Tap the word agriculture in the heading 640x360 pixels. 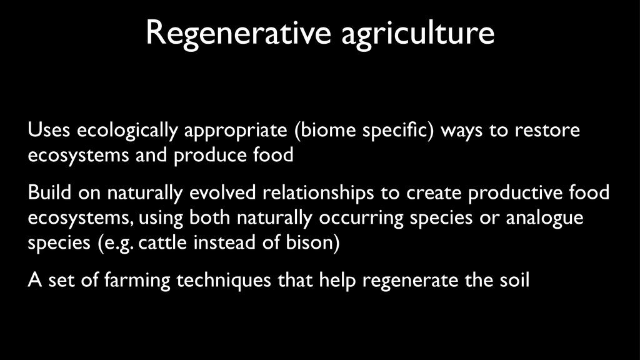coord(417,34)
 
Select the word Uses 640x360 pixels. coord(49,130)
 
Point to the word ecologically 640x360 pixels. coord(127,131)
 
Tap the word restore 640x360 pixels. coord(547,131)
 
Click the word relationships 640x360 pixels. coord(318,193)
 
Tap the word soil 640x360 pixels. coord(514,281)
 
